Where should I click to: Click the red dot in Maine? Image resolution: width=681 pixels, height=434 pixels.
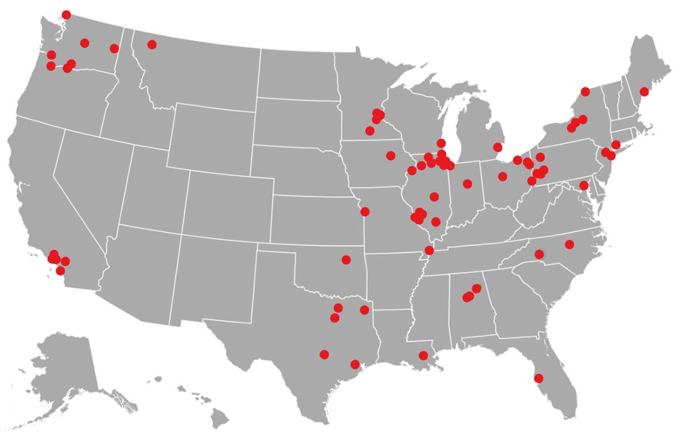click(x=644, y=92)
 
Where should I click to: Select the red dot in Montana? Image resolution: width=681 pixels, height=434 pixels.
click(x=152, y=45)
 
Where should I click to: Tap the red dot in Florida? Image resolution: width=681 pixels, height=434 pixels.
click(x=539, y=378)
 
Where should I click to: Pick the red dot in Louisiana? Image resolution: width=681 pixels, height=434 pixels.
click(x=423, y=355)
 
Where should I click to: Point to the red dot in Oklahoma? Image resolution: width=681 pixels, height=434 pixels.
click(x=346, y=260)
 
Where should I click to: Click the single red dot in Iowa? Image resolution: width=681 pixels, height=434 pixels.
click(x=391, y=156)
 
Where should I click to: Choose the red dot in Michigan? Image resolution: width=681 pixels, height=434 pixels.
click(x=497, y=147)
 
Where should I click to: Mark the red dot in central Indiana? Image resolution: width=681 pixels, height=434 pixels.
click(x=467, y=184)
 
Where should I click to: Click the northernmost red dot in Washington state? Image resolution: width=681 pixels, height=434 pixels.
click(x=66, y=15)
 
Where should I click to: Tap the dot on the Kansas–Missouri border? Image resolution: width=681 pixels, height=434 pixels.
click(x=365, y=211)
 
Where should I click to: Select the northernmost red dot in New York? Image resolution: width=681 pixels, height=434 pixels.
click(x=585, y=92)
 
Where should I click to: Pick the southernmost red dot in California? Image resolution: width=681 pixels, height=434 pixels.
click(x=60, y=271)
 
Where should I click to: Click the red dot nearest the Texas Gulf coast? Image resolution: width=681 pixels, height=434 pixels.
click(x=355, y=365)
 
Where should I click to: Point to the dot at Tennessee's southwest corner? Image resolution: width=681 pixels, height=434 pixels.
click(x=429, y=250)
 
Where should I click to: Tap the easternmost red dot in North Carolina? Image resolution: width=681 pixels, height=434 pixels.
click(x=570, y=244)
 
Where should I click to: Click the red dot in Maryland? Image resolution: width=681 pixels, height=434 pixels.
click(x=583, y=185)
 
